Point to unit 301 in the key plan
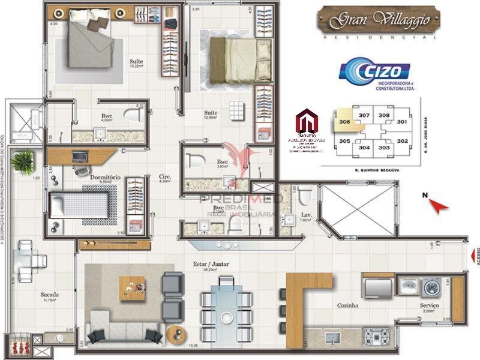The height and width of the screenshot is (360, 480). [x=402, y=121]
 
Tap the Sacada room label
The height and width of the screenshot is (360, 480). [x=49, y=295]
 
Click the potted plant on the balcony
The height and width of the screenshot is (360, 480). [x=23, y=160]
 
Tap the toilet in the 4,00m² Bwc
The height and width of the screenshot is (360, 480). [x=131, y=115]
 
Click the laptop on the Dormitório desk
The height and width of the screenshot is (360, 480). [x=79, y=157]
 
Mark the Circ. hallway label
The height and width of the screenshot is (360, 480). [x=165, y=177]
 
